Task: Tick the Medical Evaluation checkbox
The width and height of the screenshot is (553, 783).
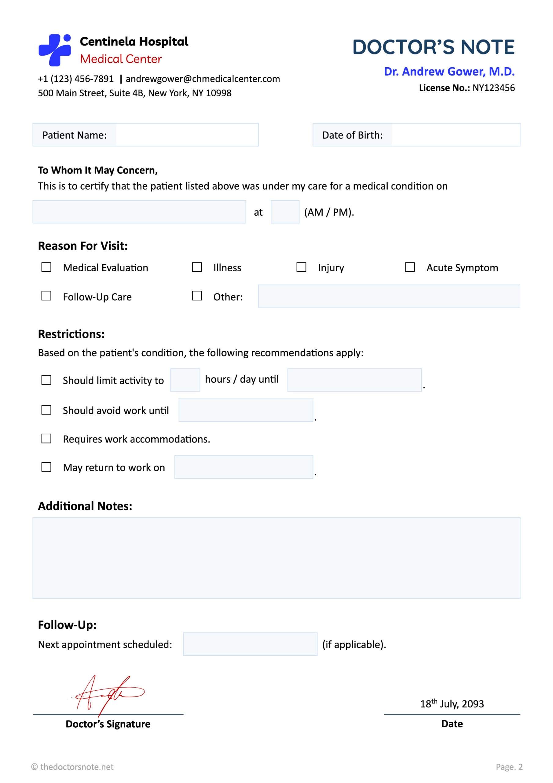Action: (x=46, y=267)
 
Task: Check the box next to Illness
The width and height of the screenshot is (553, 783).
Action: (x=197, y=267)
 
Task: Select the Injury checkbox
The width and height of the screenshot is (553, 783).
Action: (x=301, y=267)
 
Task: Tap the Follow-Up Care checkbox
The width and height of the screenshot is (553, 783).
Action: (x=46, y=296)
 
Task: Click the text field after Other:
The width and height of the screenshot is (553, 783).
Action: (x=389, y=296)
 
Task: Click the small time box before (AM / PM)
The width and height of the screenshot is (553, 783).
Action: (x=285, y=212)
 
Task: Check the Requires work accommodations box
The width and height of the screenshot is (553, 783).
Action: (x=46, y=439)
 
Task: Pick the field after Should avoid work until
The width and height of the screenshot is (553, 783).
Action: (x=246, y=410)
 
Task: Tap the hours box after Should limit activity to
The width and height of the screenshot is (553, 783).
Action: (x=185, y=380)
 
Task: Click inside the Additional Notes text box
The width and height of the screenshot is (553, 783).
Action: (x=276, y=558)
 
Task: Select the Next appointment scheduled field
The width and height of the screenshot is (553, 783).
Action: (x=250, y=644)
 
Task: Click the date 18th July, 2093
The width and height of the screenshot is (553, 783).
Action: (x=452, y=703)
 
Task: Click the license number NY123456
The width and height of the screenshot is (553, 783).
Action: (x=493, y=88)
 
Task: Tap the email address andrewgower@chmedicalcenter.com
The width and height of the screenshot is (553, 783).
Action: (x=203, y=79)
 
